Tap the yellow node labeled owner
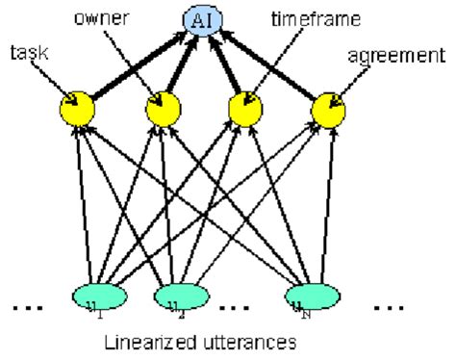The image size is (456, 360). pyautogui.click(x=162, y=110)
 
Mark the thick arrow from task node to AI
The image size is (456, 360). pyautogui.click(x=135, y=66)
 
